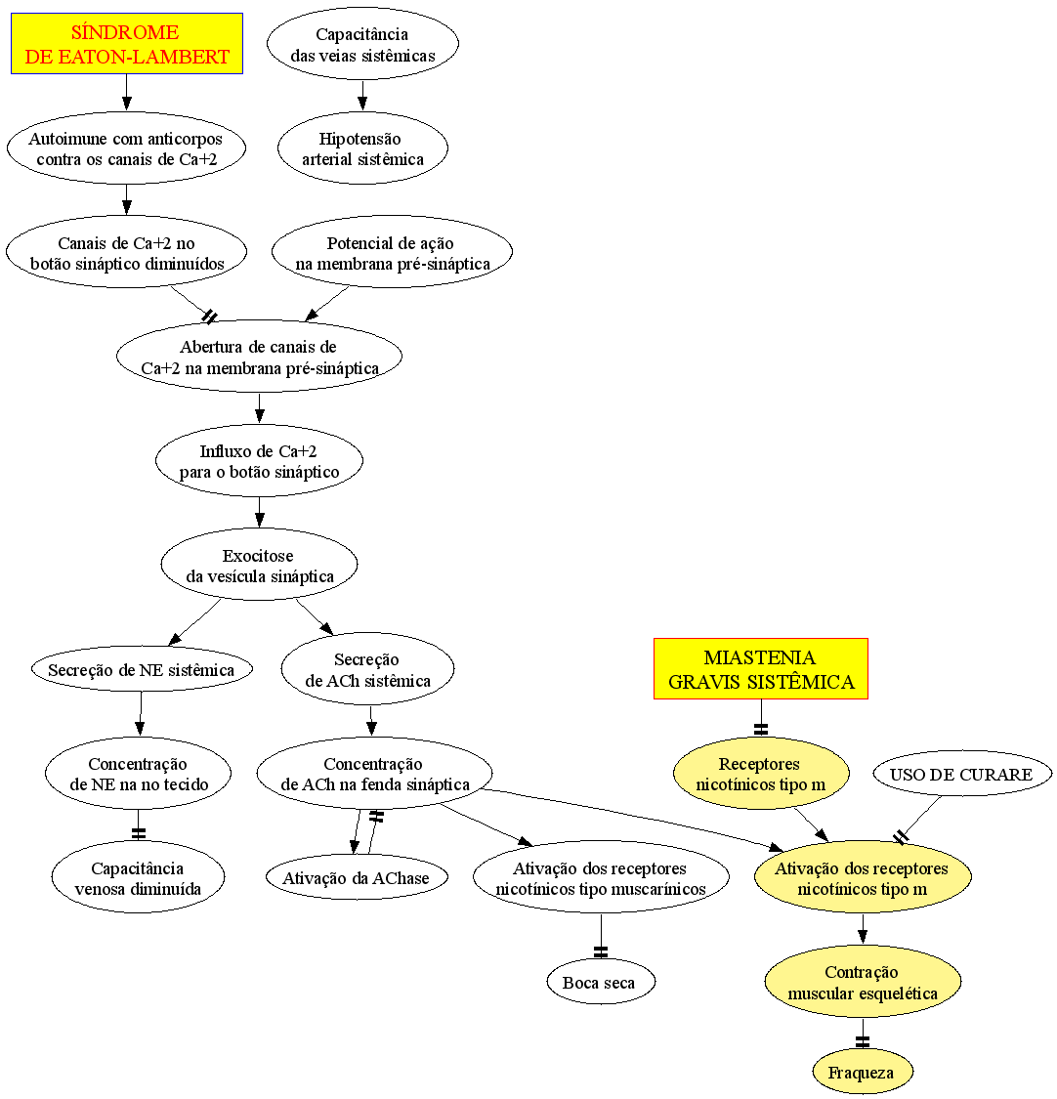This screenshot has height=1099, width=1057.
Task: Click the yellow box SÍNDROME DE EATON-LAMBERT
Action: coord(127,43)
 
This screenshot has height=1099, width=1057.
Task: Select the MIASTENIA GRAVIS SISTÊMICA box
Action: coord(760,668)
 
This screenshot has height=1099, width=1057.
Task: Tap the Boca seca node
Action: coord(601,982)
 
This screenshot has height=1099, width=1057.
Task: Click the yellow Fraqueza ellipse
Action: coord(863,1072)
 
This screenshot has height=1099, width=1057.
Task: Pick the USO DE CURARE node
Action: coord(962,774)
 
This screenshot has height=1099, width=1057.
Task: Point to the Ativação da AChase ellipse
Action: coord(357,877)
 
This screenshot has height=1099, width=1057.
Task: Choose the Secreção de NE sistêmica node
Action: coord(142,669)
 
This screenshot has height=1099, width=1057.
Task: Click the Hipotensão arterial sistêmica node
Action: coord(362,148)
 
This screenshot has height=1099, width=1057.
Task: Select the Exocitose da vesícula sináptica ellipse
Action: coord(259,565)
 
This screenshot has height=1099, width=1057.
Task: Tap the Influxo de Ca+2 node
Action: coord(259,460)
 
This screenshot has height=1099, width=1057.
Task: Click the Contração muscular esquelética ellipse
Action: coord(863,981)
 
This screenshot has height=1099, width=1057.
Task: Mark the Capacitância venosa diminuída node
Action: coord(138,877)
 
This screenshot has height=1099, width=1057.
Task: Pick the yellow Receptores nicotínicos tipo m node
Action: coord(761,773)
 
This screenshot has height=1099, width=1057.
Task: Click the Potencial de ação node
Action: coord(392,252)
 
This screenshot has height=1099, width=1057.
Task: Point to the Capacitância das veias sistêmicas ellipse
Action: coord(362,43)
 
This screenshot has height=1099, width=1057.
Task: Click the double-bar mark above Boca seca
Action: coord(601,951)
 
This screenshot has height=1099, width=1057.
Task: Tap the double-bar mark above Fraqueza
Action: coord(863,1041)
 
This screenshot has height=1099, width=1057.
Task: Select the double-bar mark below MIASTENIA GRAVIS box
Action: coord(761,729)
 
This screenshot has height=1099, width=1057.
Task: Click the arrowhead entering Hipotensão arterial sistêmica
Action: coord(362,104)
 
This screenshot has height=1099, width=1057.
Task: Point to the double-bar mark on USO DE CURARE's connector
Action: coord(902,837)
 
